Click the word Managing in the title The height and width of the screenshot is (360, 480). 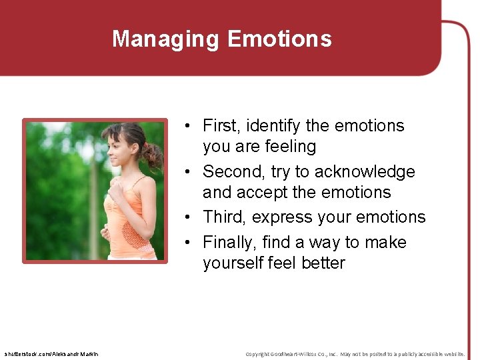click(167, 39)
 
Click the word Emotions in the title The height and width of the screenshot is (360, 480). click(279, 39)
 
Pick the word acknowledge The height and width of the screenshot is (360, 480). click(365, 171)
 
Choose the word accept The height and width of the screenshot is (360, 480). click(263, 192)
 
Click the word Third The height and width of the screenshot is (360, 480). click(225, 217)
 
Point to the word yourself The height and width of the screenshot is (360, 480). click(233, 263)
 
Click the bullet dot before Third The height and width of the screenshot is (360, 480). click(190, 217)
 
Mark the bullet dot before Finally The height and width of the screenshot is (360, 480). click(190, 243)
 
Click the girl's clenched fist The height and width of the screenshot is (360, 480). click(116, 192)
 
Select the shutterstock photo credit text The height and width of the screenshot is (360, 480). click(51, 353)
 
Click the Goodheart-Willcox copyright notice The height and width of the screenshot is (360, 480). click(355, 353)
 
